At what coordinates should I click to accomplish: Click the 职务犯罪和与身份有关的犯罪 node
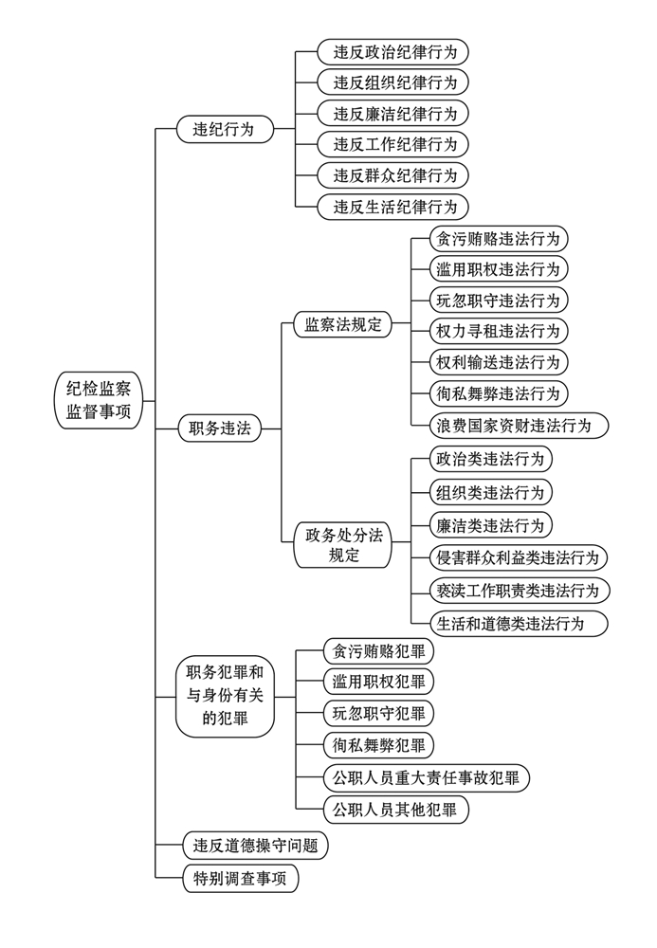point(225,697)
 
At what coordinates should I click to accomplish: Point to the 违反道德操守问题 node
point(255,846)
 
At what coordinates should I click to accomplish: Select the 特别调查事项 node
point(240,879)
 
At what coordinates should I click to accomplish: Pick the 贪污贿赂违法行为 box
point(498,238)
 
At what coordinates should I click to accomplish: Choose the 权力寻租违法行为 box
point(498,331)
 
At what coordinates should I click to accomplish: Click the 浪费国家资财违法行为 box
point(518,425)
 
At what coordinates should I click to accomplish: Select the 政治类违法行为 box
point(490,460)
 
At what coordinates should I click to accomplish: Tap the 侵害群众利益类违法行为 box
point(518,557)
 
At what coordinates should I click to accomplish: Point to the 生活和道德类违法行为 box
point(518,623)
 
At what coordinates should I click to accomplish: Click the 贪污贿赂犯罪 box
point(378,651)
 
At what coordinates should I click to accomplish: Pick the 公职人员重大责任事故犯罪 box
point(425,779)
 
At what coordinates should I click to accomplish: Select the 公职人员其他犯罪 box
point(395,811)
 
